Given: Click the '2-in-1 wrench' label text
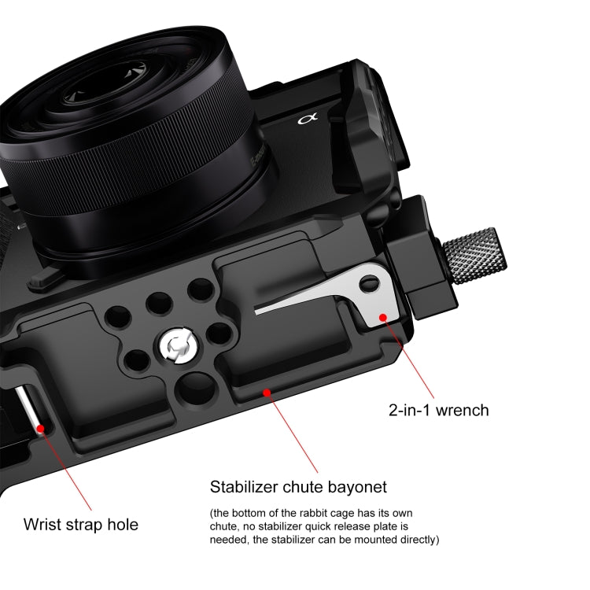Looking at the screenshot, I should (x=439, y=410).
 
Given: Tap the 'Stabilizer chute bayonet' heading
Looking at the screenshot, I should (x=298, y=486).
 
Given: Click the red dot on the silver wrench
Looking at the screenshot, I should (x=383, y=317).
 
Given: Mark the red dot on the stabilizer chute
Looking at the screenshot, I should (x=267, y=391).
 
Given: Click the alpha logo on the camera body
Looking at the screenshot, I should (x=306, y=120).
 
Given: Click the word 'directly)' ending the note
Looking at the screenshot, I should (x=415, y=540).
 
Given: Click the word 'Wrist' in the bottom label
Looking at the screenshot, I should (x=43, y=524).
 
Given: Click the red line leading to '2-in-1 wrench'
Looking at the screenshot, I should (x=409, y=359).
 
